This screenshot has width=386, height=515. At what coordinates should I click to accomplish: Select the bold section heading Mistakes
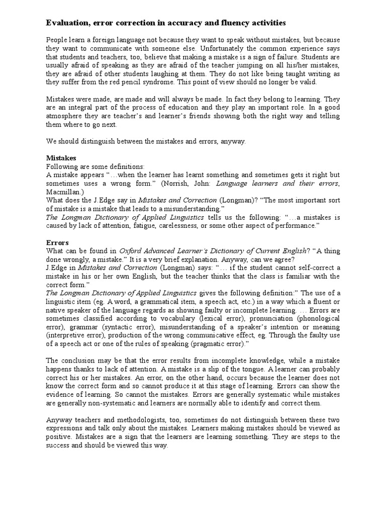pyautogui.click(x=61, y=158)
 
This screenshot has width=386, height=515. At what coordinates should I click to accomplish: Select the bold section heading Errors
pyautogui.click(x=57, y=242)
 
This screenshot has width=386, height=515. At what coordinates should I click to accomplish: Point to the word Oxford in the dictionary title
pyautogui.click(x=132, y=250)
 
